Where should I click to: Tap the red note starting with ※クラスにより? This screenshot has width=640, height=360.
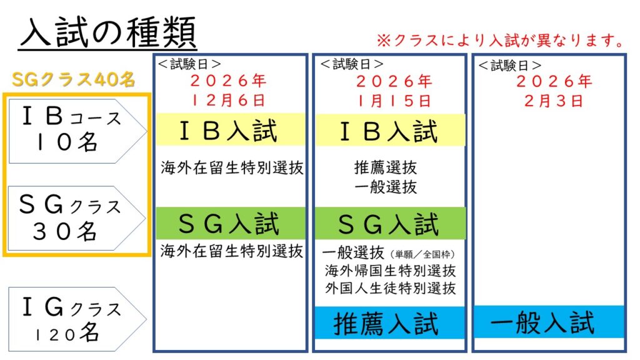click(501, 41)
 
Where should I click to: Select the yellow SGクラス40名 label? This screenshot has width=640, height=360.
click(74, 79)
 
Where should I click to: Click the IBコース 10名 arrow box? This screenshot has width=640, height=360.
click(77, 131)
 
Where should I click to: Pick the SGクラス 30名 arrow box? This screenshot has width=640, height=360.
click(77, 218)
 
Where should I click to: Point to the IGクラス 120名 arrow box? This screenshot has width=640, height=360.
click(77, 319)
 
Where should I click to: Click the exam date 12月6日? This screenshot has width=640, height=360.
click(229, 100)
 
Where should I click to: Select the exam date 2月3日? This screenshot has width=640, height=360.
click(554, 101)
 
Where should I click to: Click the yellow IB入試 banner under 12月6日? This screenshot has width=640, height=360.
click(231, 130)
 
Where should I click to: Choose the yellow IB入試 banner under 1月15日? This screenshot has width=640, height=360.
click(390, 131)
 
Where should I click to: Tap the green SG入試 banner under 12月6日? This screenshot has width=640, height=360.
click(231, 223)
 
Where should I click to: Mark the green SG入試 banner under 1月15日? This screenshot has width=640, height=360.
click(390, 223)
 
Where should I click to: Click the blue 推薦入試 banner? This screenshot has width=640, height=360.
click(390, 323)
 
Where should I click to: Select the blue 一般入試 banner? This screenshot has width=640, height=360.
click(549, 322)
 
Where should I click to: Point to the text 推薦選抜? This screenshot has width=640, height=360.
click(386, 167)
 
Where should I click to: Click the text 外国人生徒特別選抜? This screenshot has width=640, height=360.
click(391, 288)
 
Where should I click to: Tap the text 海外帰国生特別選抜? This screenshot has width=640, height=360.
click(391, 270)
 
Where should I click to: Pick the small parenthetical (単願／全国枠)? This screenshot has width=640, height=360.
click(422, 255)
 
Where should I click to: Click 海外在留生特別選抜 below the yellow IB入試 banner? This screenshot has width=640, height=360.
click(232, 167)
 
